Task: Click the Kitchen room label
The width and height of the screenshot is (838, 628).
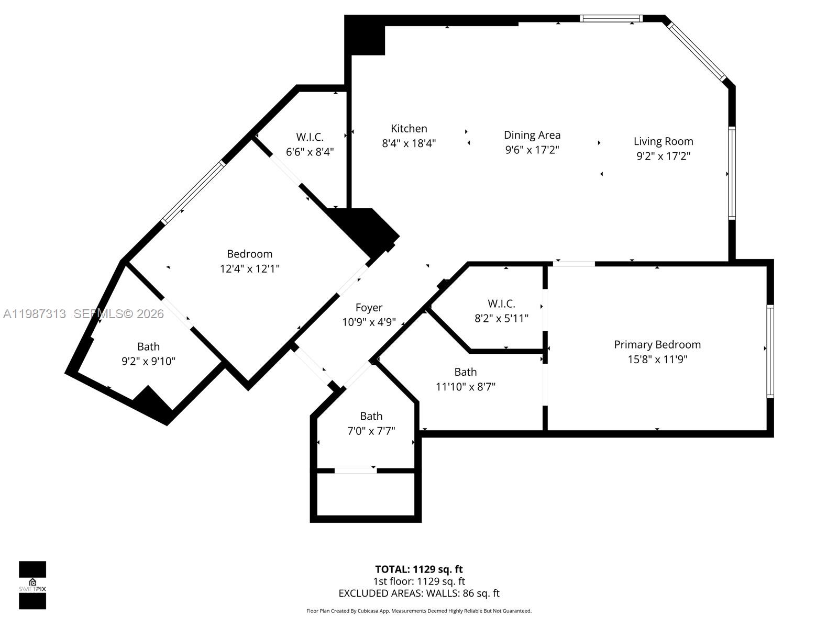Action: pyautogui.click(x=409, y=129)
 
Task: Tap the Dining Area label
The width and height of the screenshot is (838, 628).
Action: pyautogui.click(x=532, y=135)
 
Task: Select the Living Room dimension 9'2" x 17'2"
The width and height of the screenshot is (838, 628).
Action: pyautogui.click(x=663, y=156)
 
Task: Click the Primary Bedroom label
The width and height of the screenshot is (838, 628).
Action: pyautogui.click(x=657, y=344)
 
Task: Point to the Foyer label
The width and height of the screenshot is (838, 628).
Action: pyautogui.click(x=369, y=308)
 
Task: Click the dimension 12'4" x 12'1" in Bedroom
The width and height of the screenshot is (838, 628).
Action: pyautogui.click(x=249, y=269)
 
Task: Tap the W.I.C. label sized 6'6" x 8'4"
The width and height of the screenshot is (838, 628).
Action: pyautogui.click(x=310, y=137)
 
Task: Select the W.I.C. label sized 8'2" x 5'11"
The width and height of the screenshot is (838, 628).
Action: pyautogui.click(x=501, y=304)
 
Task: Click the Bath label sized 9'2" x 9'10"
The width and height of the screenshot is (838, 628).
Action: pyautogui.click(x=148, y=346)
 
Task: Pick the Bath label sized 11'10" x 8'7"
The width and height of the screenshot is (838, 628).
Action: pyautogui.click(x=465, y=372)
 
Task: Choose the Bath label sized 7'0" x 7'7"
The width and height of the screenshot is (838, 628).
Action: pyautogui.click(x=371, y=417)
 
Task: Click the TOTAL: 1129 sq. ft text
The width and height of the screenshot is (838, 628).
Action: pyautogui.click(x=418, y=569)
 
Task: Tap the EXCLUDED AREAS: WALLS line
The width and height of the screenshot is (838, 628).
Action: pyautogui.click(x=418, y=593)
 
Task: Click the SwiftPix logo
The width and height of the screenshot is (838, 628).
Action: pyautogui.click(x=32, y=585)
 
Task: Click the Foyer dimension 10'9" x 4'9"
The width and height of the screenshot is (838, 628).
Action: pyautogui.click(x=369, y=322)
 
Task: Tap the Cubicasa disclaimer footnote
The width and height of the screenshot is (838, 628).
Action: pyautogui.click(x=418, y=611)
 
